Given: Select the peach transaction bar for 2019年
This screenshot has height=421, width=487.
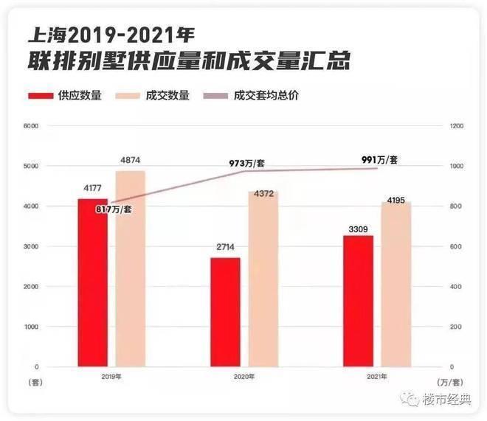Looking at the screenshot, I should coord(131,268).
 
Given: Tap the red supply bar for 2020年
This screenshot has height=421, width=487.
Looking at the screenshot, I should coord(225,312).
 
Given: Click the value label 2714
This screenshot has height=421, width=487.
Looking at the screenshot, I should coord(225,249).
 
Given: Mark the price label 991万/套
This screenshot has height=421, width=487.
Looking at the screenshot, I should coord(380,159).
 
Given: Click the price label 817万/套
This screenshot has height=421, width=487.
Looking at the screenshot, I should coord(114,210).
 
